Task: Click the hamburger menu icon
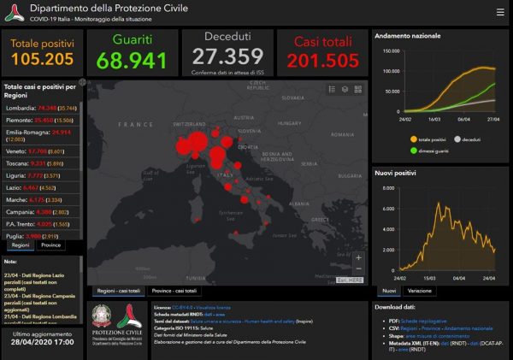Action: click(x=500, y=13)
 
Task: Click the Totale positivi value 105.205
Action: click(x=43, y=60)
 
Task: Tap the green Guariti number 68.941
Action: click(x=132, y=62)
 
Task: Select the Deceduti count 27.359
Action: click(x=227, y=58)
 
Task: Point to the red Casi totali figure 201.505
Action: click(x=322, y=61)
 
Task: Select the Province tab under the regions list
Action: click(x=51, y=245)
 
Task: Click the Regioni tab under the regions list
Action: click(x=21, y=245)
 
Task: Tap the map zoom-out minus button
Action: click(x=358, y=269)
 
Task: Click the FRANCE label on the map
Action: click(x=133, y=125)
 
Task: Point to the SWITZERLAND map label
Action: click(x=193, y=123)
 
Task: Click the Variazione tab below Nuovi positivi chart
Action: click(x=419, y=291)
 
